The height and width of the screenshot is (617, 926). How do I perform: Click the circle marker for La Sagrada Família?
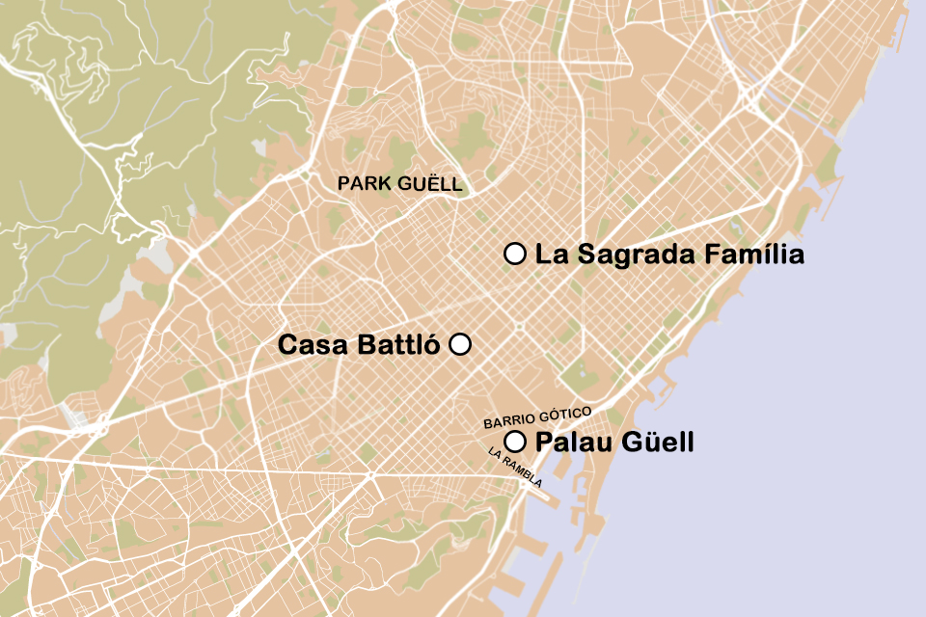point(515,255)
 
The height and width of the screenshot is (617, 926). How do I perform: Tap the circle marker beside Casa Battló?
point(460,344)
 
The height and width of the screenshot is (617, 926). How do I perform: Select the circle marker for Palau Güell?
point(515,443)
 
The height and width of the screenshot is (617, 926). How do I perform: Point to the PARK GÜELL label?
point(399,184)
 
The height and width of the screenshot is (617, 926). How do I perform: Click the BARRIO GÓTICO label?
point(536,417)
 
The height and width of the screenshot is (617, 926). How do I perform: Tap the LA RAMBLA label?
point(515,468)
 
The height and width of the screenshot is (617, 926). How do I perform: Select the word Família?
point(753,255)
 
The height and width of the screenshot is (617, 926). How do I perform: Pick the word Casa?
point(310,345)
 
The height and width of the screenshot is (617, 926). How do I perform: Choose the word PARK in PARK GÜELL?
point(362,184)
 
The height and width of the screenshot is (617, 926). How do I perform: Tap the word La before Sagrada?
point(549,255)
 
